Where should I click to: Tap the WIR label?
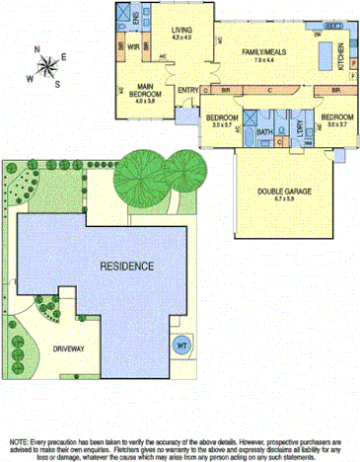(x=133, y=46)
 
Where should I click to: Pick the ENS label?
(x=136, y=18)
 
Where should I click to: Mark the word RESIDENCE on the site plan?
(x=126, y=267)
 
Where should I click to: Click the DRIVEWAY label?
(x=69, y=348)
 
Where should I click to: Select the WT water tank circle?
(x=181, y=346)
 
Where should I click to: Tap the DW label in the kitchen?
(x=318, y=33)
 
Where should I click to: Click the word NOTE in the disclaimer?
(x=22, y=442)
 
